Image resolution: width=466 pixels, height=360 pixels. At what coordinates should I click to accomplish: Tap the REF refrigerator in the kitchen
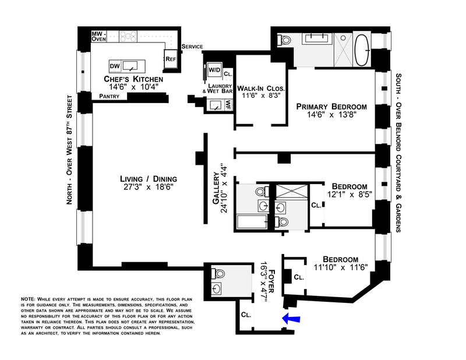(x=171, y=59)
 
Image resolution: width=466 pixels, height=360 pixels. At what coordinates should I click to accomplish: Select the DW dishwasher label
(x=115, y=66)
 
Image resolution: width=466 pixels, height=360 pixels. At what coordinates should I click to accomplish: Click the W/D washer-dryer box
(x=214, y=70)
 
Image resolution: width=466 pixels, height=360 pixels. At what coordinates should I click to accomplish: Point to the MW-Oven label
(x=98, y=36)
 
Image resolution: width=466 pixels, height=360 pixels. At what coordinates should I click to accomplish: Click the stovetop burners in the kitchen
(x=128, y=37)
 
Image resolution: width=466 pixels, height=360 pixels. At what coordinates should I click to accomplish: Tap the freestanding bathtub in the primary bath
(x=362, y=50)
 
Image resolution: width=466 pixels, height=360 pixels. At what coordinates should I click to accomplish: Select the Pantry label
(x=109, y=96)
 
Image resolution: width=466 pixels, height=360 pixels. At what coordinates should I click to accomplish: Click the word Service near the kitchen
(x=192, y=47)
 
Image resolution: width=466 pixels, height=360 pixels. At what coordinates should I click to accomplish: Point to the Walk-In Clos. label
(x=261, y=89)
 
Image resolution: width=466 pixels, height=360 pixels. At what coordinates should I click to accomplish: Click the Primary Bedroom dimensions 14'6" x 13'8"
(x=331, y=115)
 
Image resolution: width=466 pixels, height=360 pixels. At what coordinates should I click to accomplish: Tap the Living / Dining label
(x=149, y=179)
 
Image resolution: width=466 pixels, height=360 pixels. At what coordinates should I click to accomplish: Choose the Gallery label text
(x=216, y=189)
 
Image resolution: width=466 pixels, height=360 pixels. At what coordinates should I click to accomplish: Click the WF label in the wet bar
(x=228, y=105)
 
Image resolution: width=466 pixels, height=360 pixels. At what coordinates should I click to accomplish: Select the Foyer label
(x=271, y=281)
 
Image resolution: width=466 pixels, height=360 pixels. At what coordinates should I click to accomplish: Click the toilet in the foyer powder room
(x=218, y=273)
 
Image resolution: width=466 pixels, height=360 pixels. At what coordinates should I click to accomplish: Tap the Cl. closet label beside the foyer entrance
(x=246, y=315)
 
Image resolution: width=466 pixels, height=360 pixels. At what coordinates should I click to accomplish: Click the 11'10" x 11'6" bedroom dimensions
(x=341, y=267)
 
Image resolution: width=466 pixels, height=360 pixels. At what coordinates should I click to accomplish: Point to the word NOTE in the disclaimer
(x=27, y=299)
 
